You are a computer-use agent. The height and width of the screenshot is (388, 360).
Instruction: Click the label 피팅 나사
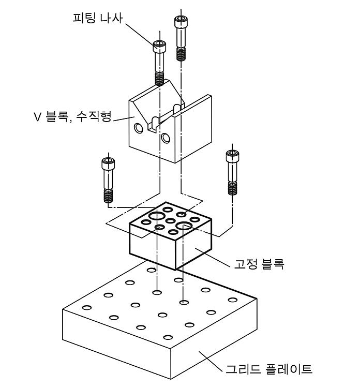click(98, 18)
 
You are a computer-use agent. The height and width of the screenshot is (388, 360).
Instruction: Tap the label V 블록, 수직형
click(72, 116)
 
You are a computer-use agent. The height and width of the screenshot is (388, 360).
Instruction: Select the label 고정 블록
click(259, 264)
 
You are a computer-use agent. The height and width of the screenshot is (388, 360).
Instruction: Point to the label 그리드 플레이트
click(268, 369)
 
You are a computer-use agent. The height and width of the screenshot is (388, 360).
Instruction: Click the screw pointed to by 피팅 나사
click(159, 63)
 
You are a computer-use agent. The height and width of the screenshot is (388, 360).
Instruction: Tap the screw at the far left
click(108, 180)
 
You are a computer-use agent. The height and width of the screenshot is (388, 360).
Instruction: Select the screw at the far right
click(232, 172)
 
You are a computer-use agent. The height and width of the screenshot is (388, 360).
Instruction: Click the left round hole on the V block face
click(139, 128)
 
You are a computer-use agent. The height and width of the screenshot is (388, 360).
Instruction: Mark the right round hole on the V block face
click(166, 138)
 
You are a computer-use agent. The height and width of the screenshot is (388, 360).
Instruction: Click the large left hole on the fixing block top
click(156, 216)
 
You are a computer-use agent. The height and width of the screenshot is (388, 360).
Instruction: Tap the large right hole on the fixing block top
click(184, 226)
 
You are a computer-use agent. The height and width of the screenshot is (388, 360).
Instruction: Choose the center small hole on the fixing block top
click(170, 221)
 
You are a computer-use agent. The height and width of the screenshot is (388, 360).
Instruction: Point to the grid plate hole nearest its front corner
click(168, 337)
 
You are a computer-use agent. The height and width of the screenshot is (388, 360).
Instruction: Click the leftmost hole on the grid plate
click(87, 308)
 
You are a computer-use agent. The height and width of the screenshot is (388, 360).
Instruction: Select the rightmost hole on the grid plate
click(233, 300)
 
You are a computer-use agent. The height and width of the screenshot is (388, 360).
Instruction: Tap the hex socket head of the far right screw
click(232, 155)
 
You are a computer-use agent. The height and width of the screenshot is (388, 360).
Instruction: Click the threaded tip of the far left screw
click(108, 196)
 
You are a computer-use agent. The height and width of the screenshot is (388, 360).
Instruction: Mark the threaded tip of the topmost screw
click(181, 54)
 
